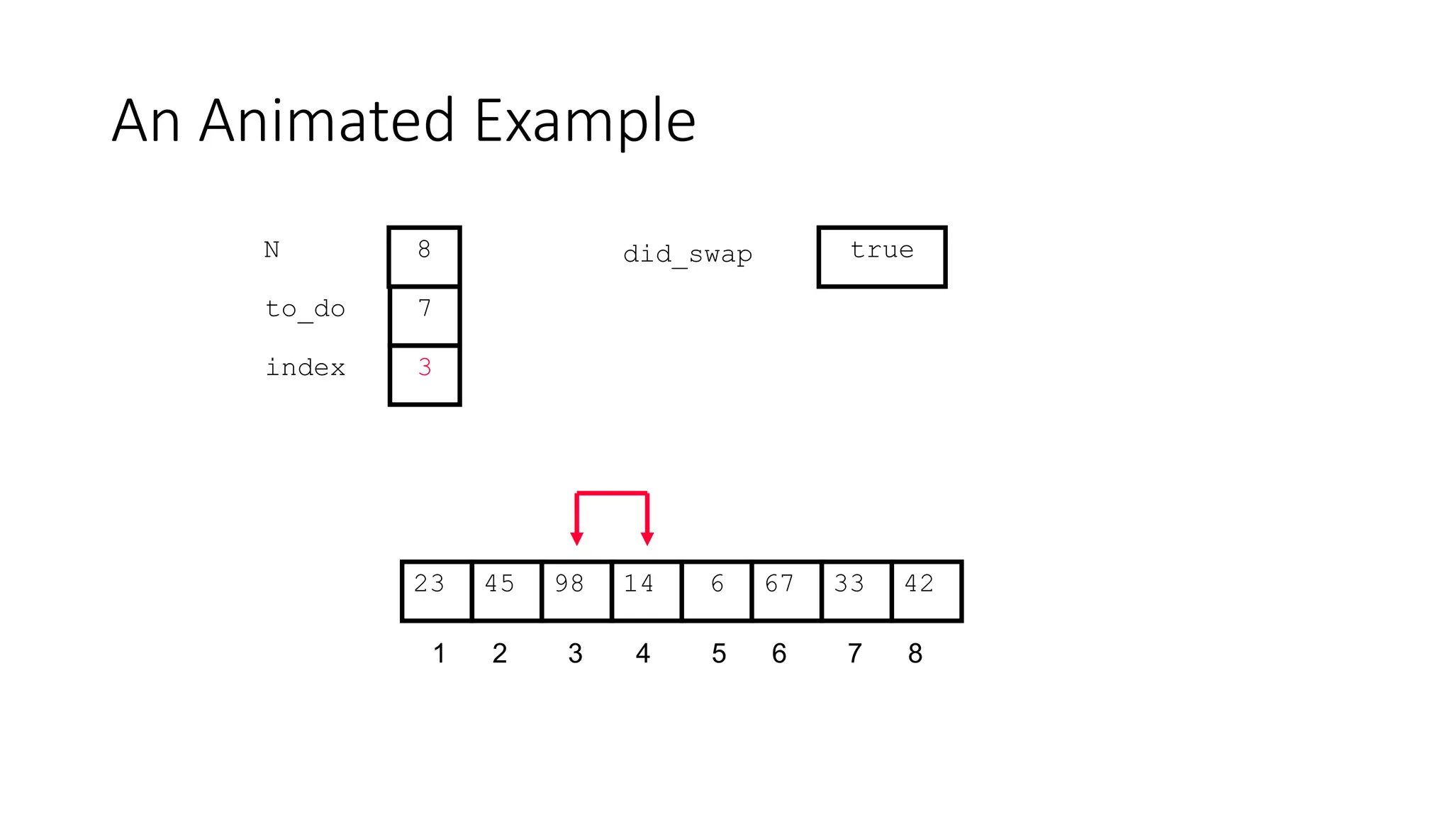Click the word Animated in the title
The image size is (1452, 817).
[326, 121]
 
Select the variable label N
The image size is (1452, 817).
[272, 250]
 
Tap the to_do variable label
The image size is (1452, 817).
[305, 309]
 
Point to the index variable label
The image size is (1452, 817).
[305, 368]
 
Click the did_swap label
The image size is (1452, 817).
[687, 255]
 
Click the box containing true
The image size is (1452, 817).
[882, 257]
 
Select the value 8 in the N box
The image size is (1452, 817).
[424, 250]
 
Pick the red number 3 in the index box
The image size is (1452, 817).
[425, 367]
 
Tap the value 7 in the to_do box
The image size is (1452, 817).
[425, 309]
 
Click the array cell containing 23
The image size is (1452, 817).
[436, 591]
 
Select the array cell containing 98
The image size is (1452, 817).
[576, 591]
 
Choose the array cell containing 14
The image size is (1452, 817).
[646, 591]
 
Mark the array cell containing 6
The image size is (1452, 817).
[716, 591]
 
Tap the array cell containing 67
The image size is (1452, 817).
[786, 591]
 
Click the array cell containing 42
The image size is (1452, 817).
[926, 591]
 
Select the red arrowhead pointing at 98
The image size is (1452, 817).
[577, 538]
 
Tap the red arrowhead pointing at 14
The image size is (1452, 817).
[647, 538]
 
